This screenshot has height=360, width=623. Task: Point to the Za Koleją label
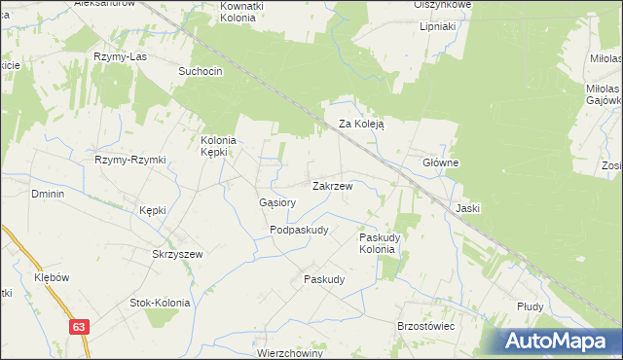pos(362,125)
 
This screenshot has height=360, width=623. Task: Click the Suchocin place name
pos(201,72)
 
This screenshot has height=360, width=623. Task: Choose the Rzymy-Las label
pos(119,56)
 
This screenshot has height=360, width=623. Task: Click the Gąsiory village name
pos(277,202)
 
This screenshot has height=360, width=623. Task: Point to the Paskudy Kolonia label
pos(378,242)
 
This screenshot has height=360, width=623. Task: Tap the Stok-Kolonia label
pos(160,303)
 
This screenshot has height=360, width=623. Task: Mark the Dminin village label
pos(48,194)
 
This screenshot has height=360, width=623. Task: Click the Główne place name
pos(440,162)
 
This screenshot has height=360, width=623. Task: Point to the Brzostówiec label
pos(426,326)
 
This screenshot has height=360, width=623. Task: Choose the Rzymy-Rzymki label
pos(130,160)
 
